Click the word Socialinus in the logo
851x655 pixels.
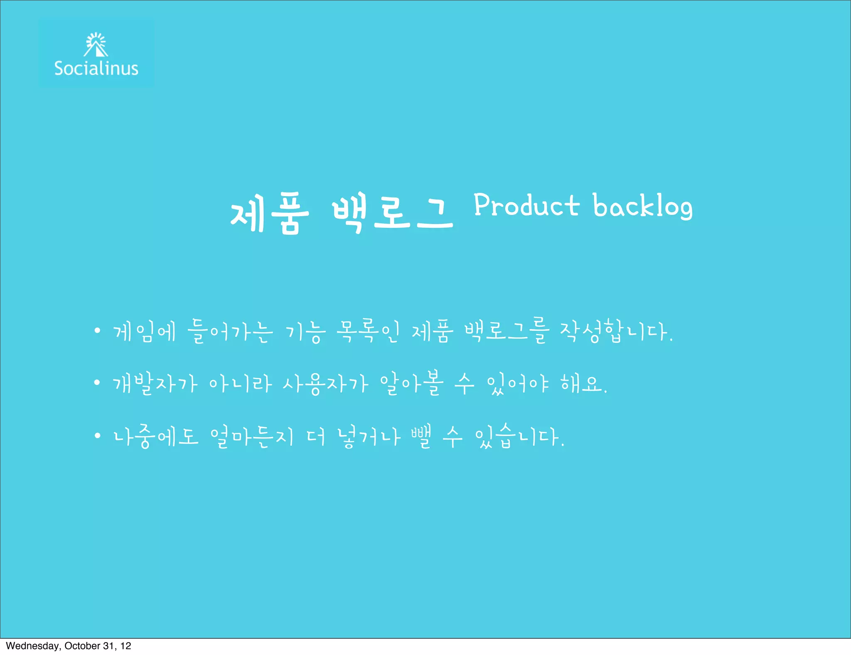pyautogui.click(x=96, y=69)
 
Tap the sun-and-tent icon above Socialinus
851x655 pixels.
pyautogui.click(x=96, y=45)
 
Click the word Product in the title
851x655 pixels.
pyautogui.click(x=526, y=205)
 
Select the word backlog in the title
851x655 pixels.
pyautogui.click(x=642, y=206)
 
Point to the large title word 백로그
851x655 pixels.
pyautogui.click(x=392, y=212)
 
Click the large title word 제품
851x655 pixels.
pyautogui.click(x=270, y=213)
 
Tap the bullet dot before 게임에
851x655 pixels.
pyautogui.click(x=97, y=331)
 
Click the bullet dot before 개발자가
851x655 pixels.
pyautogui.click(x=97, y=382)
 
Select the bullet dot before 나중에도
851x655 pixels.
pyautogui.click(x=97, y=436)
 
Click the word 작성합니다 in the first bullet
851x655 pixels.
pyautogui.click(x=615, y=332)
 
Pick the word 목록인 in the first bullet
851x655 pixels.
pyautogui.click(x=368, y=332)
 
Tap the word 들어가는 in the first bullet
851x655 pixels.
pyautogui.click(x=230, y=332)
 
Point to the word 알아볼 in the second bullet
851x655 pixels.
pyautogui.click(x=412, y=383)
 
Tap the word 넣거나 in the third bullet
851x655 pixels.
pyautogui.click(x=369, y=436)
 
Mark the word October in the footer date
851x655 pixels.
pyautogui.click(x=82, y=646)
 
